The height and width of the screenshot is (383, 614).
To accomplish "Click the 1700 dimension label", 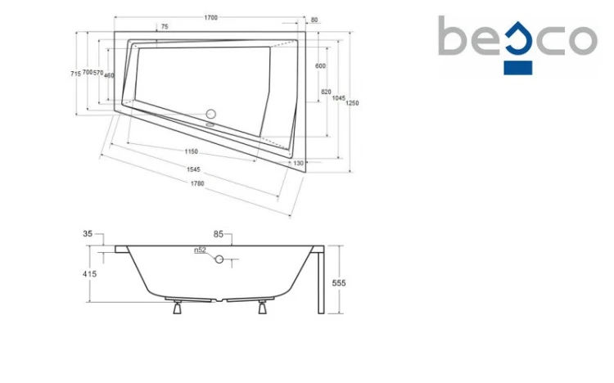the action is (210, 18).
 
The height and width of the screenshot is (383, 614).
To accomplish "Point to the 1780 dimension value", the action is (197, 183).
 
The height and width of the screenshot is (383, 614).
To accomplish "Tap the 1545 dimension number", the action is (193, 169).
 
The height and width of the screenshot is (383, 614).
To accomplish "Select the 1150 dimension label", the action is (191, 151).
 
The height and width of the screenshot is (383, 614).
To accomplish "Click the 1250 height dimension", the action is (352, 103).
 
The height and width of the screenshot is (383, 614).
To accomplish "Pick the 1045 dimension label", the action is (339, 98).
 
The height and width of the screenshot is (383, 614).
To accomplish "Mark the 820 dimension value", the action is (326, 92).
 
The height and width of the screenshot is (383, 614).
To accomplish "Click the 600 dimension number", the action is (320, 65).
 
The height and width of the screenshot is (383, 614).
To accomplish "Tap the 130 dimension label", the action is (298, 163).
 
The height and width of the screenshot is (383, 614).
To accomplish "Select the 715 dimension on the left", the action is (75, 74).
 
